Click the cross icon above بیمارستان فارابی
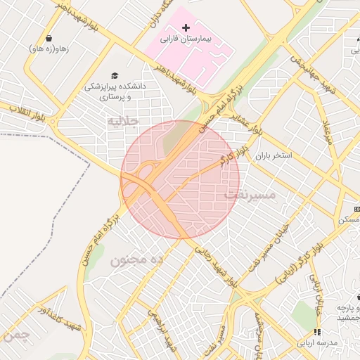pyautogui.click(x=186, y=27)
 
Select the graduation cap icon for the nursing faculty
pyautogui.click(x=115, y=75)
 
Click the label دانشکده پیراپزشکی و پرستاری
pyautogui.click(x=115, y=91)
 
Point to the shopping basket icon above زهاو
pyautogui.click(x=49, y=38)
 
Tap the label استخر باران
pyautogui.click(x=272, y=155)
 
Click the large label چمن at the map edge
pyautogui.click(x=15, y=336)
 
